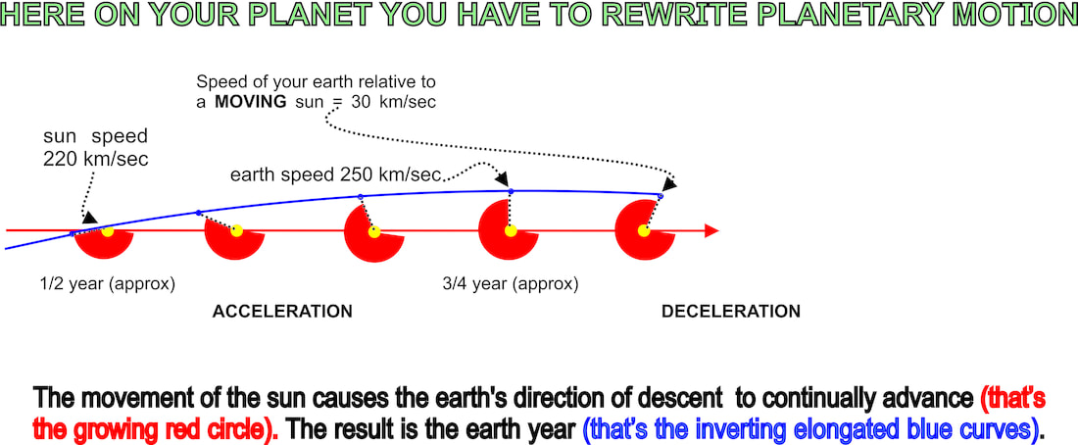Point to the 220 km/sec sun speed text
96,160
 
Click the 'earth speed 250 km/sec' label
334,175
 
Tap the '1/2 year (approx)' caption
108,283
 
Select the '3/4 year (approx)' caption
511,283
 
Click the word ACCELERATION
282,312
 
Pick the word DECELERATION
731,312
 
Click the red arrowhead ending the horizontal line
711,230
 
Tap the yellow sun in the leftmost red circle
107,231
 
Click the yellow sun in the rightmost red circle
644,230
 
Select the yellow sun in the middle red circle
374,231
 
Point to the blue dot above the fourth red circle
511,190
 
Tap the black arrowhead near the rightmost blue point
669,183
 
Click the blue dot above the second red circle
199,213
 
